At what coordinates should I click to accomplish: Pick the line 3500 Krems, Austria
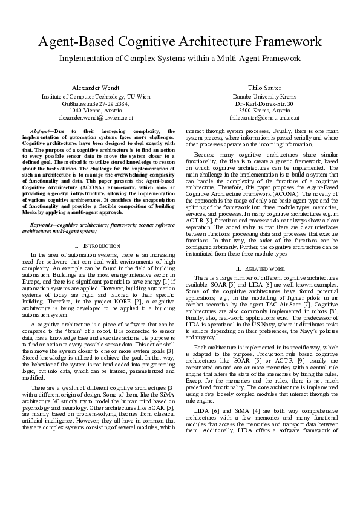[264, 111]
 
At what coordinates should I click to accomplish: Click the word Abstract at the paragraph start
[41, 131]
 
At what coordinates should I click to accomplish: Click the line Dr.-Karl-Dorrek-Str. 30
[264, 104]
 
